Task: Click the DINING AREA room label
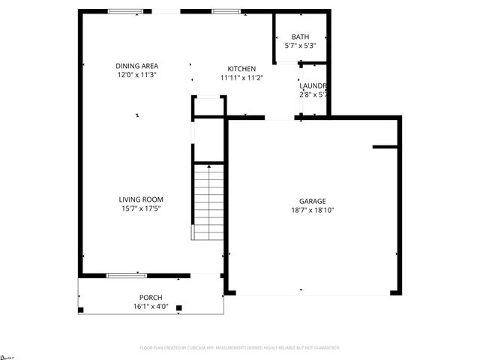(136, 65)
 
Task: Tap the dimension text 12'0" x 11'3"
(136, 75)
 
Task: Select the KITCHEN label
(241, 68)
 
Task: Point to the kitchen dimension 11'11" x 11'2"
(241, 78)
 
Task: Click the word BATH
(300, 37)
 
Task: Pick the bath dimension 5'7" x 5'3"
(300, 46)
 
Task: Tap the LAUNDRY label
(312, 85)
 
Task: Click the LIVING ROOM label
(141, 199)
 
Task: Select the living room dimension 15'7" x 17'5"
(141, 208)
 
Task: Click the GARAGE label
(312, 201)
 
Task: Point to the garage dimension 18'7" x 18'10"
(312, 211)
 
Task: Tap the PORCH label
(151, 297)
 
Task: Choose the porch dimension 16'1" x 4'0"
(151, 306)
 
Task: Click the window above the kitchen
(226, 11)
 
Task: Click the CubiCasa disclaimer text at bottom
(240, 348)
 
